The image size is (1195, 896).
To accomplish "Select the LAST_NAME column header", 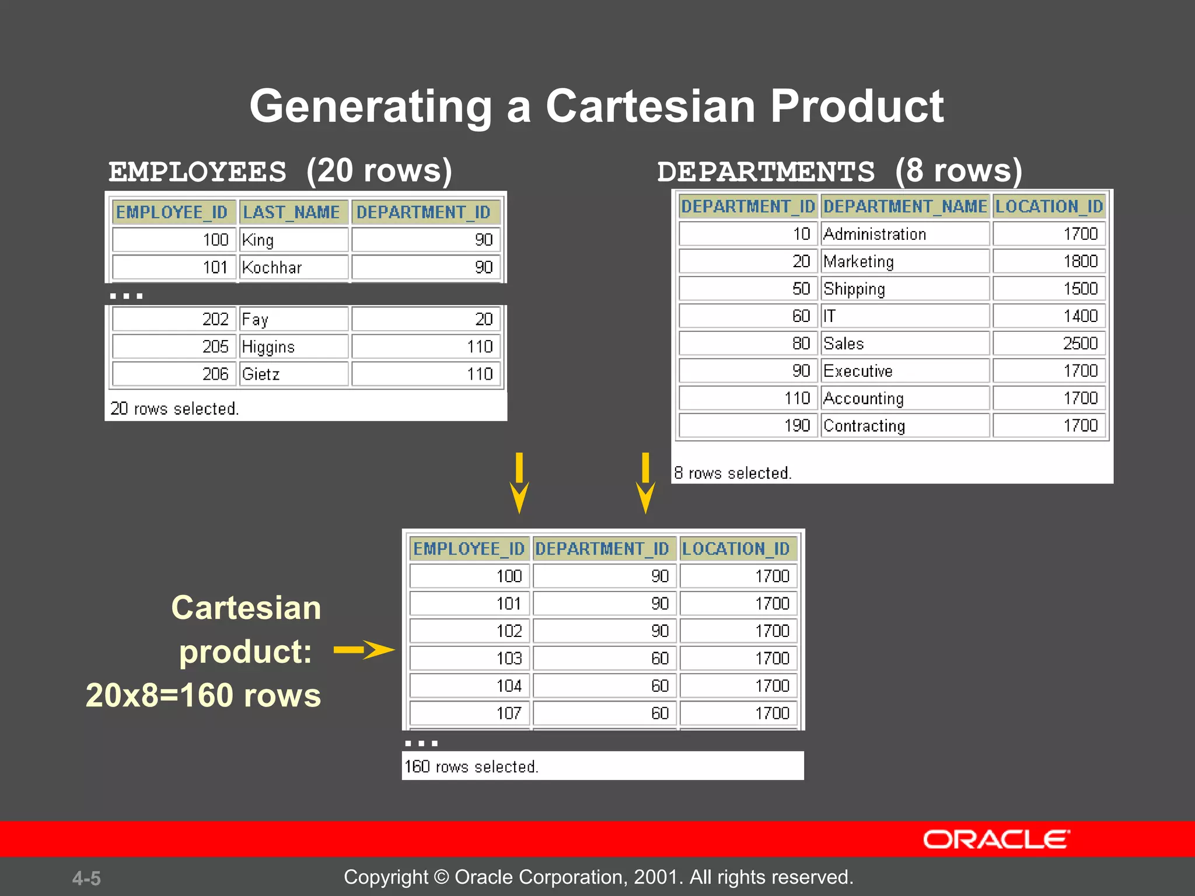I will coord(291,212).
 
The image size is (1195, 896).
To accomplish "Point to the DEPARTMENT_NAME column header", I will coord(904,206).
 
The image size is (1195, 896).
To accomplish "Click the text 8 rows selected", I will coord(733,473).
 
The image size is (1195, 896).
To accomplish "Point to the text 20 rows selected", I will coord(174,408).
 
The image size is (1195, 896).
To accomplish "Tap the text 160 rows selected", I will coord(471,766).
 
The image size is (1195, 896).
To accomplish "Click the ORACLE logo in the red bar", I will coord(996,839).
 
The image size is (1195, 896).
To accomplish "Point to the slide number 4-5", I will coord(86,878).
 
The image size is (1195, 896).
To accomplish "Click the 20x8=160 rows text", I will coord(203,695).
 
